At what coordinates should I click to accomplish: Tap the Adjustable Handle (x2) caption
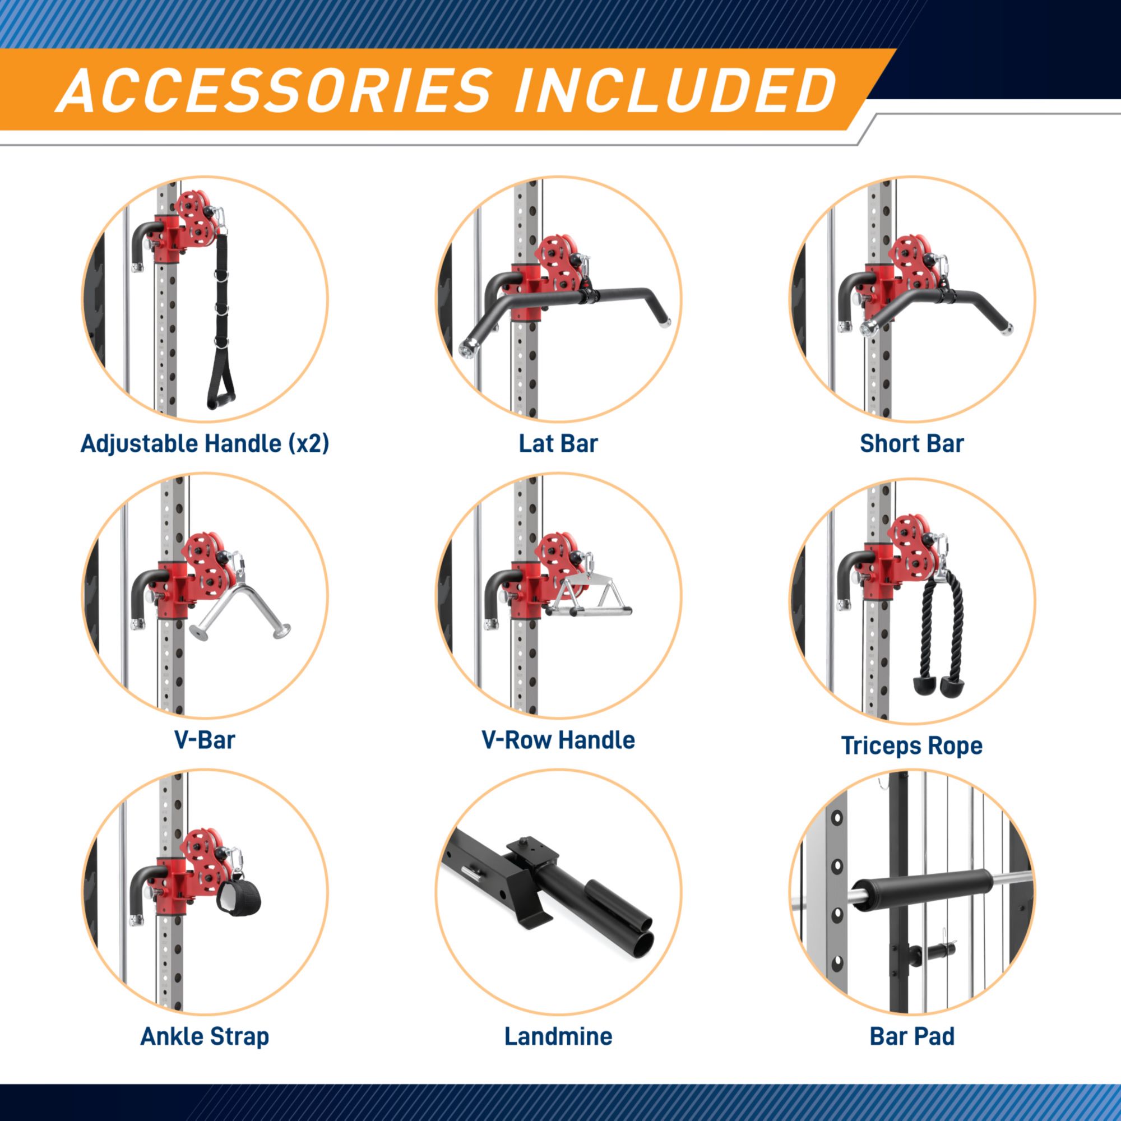coord(205,444)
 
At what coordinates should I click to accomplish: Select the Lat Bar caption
coord(558,444)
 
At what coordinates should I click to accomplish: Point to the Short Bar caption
coord(911,444)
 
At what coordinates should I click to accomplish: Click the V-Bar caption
coord(205,740)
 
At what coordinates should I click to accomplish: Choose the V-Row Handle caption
coord(558,740)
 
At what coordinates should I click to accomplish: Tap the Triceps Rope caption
coord(911,746)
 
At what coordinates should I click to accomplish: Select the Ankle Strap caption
coord(205,1037)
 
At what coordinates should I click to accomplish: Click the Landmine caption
coord(558,1037)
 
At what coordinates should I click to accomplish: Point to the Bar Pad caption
coord(911,1037)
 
